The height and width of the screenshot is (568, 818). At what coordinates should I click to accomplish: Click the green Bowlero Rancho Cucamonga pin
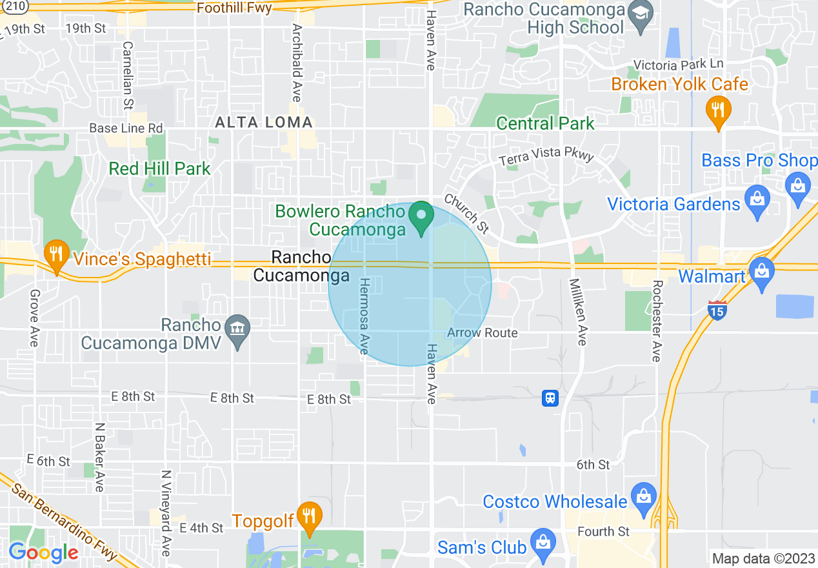coord(423,218)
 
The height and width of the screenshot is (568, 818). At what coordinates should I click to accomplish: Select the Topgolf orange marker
coord(310,518)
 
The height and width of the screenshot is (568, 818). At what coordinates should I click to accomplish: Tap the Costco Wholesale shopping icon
coord(643,498)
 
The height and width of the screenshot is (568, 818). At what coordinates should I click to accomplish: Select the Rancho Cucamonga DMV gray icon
coord(239,330)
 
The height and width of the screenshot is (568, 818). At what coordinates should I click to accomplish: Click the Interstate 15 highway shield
coord(717,310)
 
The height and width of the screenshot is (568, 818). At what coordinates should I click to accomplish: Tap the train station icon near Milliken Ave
coord(550,398)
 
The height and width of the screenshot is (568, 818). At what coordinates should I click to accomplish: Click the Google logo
coord(43,552)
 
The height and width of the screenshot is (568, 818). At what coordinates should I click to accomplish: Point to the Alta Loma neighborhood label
coord(264,122)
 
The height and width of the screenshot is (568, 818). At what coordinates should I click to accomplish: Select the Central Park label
coord(545,123)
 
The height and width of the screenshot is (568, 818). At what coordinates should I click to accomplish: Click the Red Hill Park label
coord(159,169)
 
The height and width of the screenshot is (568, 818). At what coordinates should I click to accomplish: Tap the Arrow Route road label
coord(483,333)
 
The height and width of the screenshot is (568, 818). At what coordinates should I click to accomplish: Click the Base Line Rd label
coord(126,128)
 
